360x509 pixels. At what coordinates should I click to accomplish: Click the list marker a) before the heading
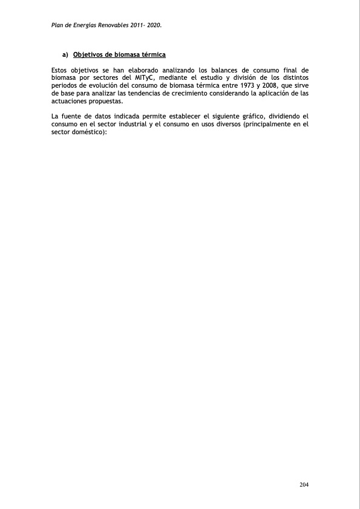coord(65,55)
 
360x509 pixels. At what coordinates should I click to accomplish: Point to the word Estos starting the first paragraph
coord(62,71)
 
